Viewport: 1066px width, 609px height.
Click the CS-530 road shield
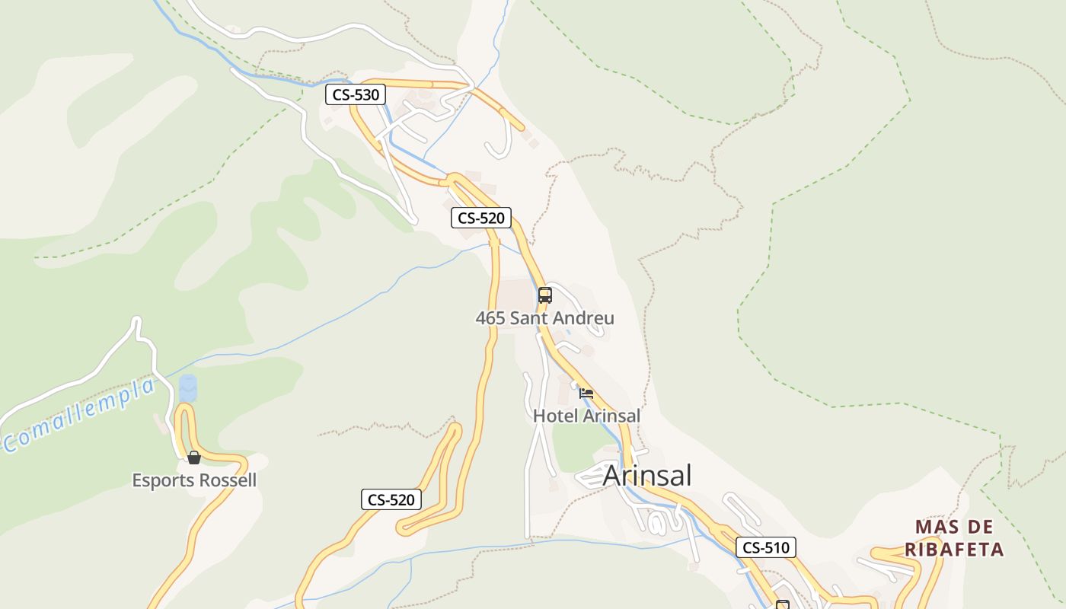356,95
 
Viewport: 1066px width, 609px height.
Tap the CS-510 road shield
766,547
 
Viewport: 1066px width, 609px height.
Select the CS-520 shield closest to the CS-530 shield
480,218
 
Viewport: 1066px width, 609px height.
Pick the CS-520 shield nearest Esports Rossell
391,499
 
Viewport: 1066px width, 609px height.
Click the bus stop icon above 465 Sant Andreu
544,295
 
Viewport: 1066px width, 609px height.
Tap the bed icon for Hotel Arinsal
586,394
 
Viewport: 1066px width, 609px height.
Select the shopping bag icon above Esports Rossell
194,457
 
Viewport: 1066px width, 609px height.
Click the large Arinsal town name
647,476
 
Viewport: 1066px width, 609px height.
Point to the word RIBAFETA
954,549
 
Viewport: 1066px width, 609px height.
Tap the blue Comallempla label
79,415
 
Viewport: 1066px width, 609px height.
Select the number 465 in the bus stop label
490,318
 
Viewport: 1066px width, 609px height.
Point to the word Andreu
584,318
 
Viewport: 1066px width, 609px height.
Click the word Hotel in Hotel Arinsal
555,416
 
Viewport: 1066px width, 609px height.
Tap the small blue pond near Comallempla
187,387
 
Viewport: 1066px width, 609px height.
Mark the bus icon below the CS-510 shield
782,604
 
